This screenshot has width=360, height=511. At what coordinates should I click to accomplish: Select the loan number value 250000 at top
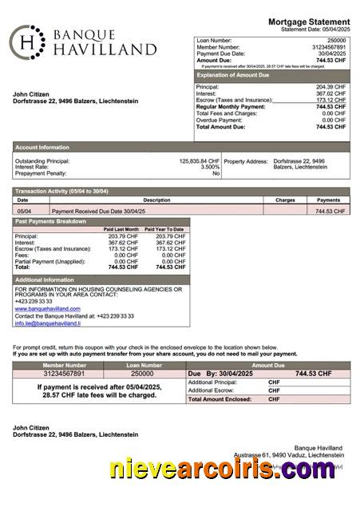click(336, 40)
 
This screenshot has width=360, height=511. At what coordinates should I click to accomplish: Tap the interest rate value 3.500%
click(209, 167)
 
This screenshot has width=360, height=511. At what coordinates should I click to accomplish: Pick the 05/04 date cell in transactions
click(24, 211)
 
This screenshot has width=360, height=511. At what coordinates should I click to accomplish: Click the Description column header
click(156, 200)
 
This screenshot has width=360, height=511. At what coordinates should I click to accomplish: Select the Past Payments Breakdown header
click(51, 220)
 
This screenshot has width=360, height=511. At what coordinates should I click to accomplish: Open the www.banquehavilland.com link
click(47, 308)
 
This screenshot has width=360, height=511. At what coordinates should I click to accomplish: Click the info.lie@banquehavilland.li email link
click(52, 323)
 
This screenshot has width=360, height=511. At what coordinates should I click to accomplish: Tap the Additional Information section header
click(45, 279)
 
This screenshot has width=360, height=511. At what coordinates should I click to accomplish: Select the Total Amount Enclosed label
click(220, 398)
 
